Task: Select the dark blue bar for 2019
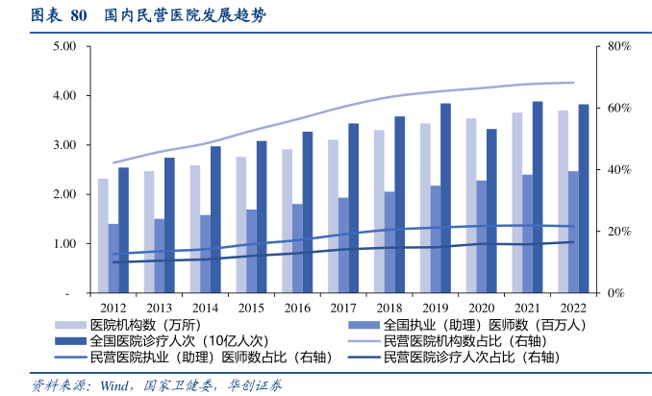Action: click(x=445, y=198)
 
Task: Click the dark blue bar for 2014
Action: click(x=215, y=219)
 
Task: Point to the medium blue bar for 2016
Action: click(x=297, y=248)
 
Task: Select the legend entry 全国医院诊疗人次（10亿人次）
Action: click(x=178, y=341)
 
